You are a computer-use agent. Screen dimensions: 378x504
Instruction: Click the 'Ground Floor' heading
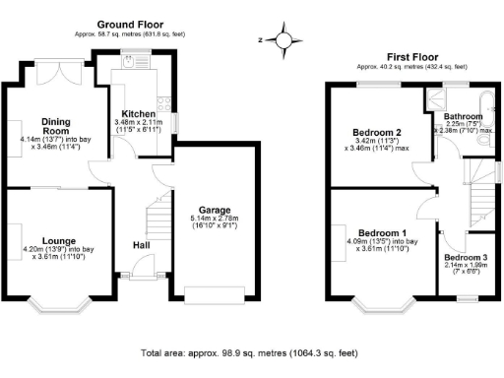pos(145,24)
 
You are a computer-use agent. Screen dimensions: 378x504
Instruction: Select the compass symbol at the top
pos(284,40)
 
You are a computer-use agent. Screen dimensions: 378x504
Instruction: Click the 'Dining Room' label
pos(55,126)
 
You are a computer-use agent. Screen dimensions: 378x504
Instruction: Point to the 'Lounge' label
pos(60,238)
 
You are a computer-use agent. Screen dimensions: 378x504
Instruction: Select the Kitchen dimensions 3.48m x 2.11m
pos(139,126)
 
